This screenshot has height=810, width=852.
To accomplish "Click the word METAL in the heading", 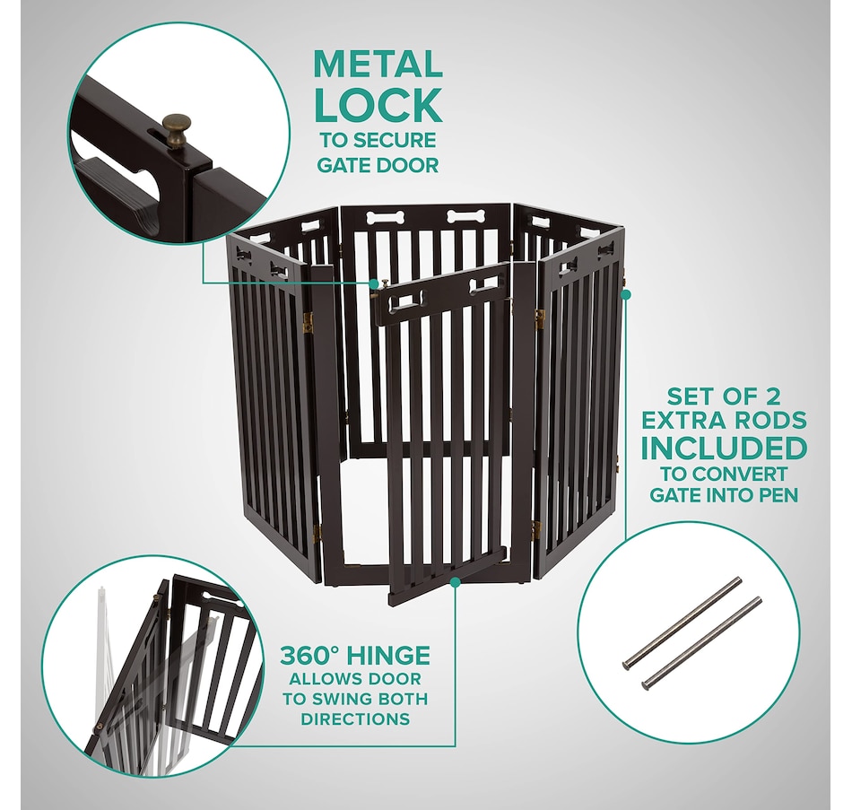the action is point(378,65).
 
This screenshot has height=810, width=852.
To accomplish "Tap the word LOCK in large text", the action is point(378,105).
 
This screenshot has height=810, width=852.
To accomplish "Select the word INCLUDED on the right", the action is point(724,448).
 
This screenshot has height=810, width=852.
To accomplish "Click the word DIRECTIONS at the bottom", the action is point(355,719).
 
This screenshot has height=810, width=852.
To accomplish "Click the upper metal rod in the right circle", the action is point(682,623).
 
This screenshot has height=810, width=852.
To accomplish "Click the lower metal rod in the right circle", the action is point(701,643).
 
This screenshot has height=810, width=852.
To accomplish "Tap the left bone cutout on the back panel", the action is point(384,218).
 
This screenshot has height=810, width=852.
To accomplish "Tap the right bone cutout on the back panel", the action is point(465,217).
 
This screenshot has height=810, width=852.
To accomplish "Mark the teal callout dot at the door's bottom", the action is point(456,582).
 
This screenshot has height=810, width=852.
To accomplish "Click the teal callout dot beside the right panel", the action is point(626,294).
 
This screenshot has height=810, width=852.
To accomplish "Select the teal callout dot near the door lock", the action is point(374,283).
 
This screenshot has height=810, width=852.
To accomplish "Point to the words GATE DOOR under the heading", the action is point(378,165).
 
